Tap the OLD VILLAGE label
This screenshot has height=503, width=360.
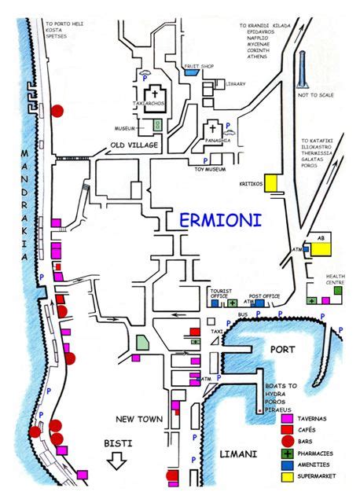point(134,146)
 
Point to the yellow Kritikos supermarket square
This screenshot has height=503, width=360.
point(272,182)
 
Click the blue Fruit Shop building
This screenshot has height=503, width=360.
point(192,72)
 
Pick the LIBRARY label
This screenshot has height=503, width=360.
point(235,84)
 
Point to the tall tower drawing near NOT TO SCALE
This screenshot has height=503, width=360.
point(302,71)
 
